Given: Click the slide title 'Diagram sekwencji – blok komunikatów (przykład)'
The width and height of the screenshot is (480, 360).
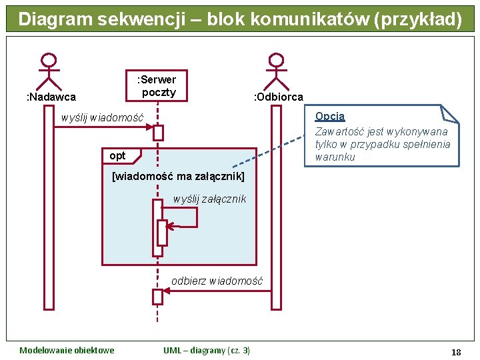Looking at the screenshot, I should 240,19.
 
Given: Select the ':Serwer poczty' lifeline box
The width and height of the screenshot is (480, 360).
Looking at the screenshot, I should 157,86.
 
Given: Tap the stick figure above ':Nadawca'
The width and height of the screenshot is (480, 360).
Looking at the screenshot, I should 48,71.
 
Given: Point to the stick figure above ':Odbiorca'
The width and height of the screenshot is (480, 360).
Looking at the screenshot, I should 275,71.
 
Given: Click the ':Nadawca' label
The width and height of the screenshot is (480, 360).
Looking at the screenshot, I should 51,97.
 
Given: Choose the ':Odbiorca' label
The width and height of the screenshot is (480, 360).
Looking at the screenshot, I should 279,97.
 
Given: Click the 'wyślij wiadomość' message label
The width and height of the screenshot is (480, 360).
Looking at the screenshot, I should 102,118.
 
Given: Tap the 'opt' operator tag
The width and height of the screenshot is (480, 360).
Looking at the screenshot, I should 117,156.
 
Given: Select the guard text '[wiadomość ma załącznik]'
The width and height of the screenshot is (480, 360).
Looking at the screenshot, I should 179,177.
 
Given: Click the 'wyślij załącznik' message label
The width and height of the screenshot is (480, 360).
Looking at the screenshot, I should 209,199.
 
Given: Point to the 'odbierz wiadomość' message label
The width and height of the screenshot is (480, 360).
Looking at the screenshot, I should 217,281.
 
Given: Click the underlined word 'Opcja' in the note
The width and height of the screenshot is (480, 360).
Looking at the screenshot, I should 330,116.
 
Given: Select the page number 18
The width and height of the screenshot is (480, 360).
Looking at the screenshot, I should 456,351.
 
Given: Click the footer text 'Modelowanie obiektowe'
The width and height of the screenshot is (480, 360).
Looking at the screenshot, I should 67,351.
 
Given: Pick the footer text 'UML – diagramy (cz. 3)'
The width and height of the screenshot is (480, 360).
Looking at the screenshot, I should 207,351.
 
